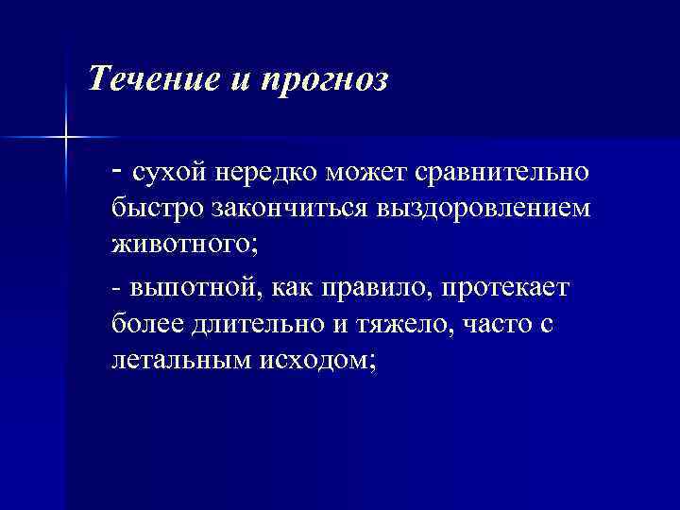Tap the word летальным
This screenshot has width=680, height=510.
[x=178, y=360]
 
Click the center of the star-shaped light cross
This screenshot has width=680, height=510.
[x=66, y=139]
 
